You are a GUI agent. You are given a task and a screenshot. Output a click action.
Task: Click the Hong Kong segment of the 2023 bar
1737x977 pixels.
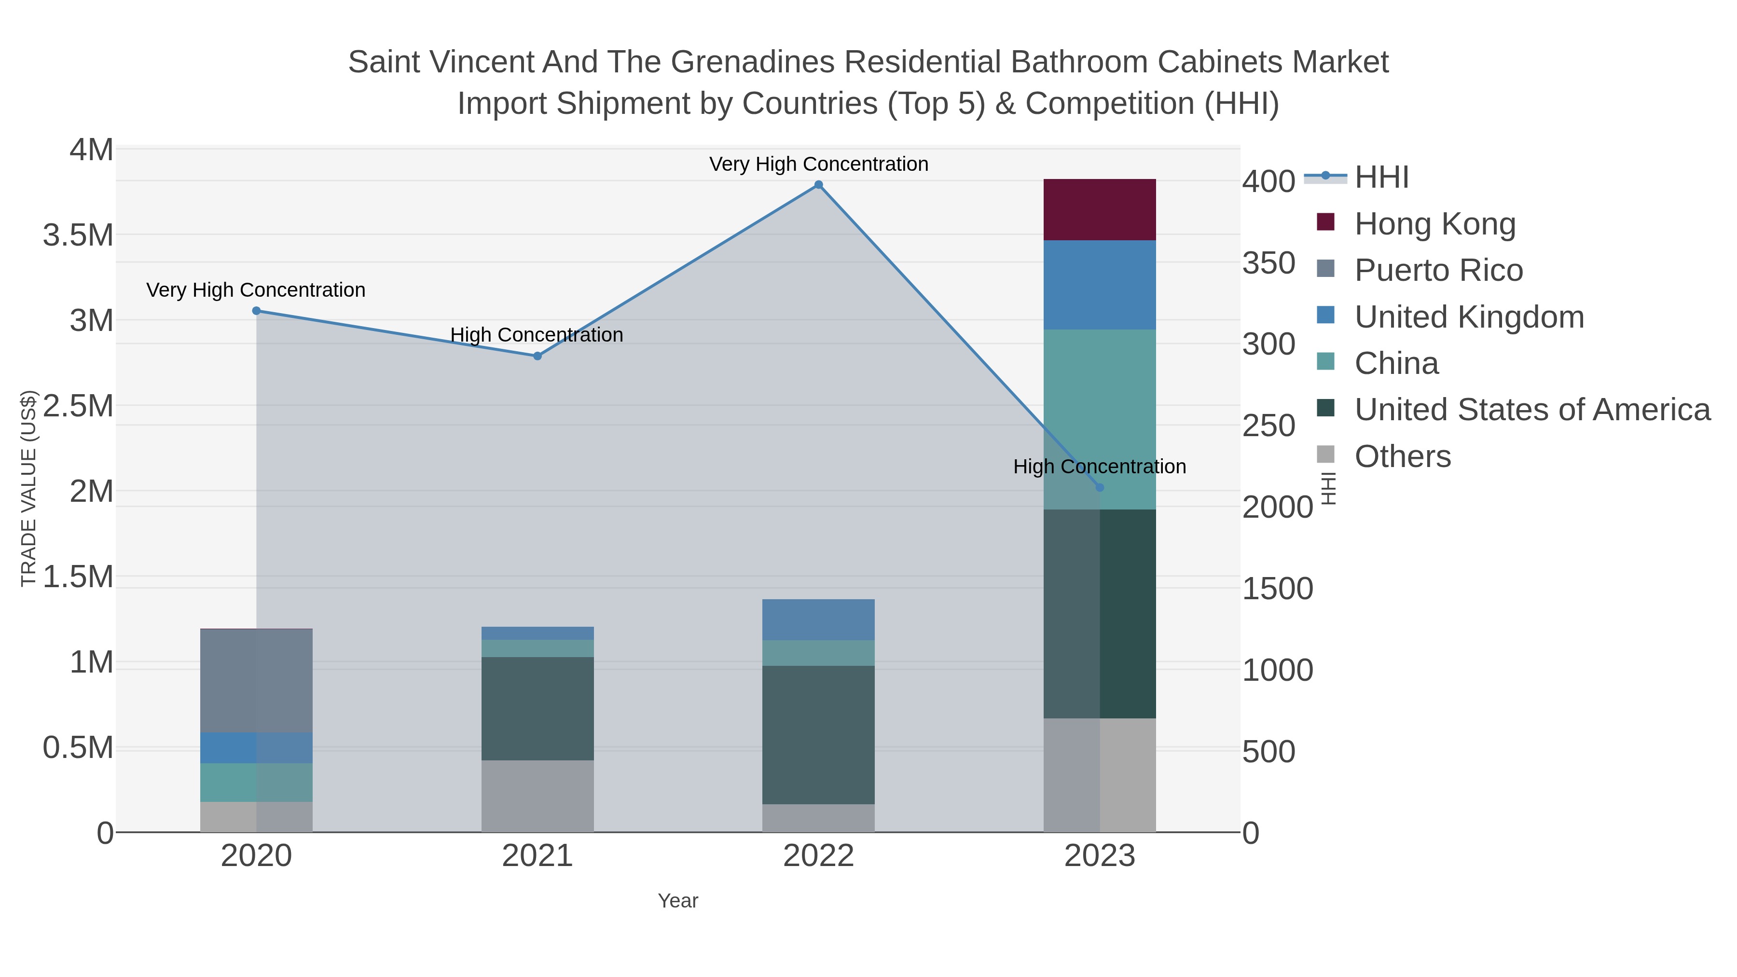(x=1099, y=210)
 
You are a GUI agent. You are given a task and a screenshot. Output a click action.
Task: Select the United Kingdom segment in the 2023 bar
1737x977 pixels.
(x=1099, y=285)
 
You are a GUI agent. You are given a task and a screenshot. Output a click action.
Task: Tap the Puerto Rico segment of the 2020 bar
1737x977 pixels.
(x=256, y=680)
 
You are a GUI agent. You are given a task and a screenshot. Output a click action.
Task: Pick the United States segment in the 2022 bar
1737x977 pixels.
(x=818, y=735)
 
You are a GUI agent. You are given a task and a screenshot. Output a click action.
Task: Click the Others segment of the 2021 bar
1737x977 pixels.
(x=538, y=796)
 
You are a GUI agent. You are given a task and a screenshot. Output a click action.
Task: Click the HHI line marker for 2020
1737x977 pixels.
(x=256, y=311)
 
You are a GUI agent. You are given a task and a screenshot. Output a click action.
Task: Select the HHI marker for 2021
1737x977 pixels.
(x=538, y=356)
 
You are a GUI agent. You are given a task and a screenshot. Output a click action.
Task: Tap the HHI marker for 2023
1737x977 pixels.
(x=1100, y=487)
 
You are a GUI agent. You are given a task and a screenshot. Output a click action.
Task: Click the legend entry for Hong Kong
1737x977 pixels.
(x=1434, y=224)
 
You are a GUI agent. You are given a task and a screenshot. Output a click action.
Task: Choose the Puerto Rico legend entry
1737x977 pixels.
(x=1438, y=270)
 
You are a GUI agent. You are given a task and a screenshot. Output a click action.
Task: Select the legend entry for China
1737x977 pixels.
(x=1396, y=363)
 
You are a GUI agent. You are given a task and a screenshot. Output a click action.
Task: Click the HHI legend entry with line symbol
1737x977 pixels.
(x=1381, y=178)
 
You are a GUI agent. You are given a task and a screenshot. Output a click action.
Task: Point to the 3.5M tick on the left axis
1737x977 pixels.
(x=78, y=236)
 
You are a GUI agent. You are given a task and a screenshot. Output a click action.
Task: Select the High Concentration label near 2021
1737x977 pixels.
(x=536, y=335)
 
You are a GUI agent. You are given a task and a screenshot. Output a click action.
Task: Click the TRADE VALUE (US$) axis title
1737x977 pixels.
(x=28, y=488)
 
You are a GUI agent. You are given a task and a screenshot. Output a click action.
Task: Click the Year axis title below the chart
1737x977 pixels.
(x=678, y=901)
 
